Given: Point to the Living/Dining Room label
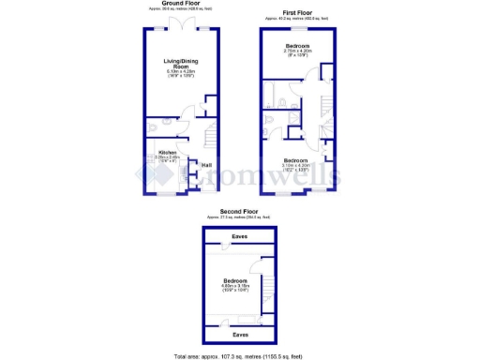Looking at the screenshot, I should tap(179, 64).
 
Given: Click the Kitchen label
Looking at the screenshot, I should tap(168, 152).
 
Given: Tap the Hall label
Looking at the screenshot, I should tap(206, 166).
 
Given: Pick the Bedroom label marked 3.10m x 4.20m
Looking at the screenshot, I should tap(297, 160).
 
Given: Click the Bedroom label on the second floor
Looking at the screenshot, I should tap(235, 280).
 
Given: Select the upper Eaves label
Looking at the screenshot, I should tap(240, 235).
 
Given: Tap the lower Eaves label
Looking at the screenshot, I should tap(240, 333).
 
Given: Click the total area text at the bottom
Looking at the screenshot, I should tap(239, 355).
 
